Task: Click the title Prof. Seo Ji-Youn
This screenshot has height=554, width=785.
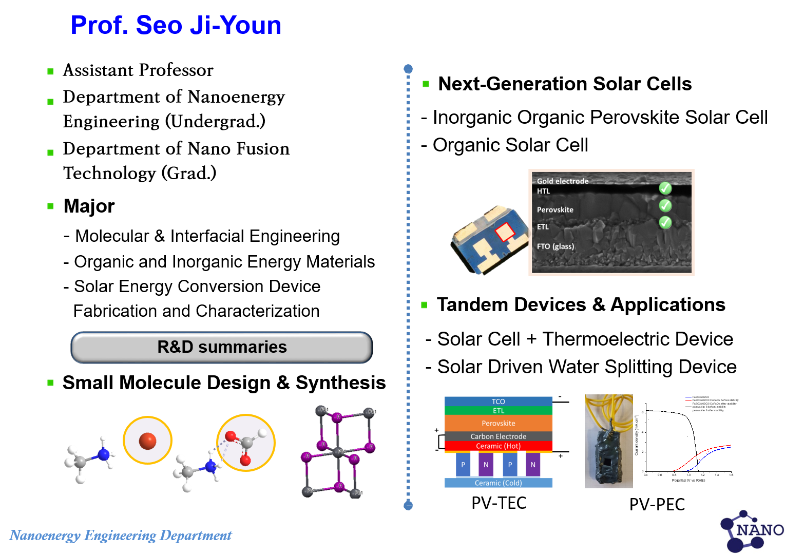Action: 176,26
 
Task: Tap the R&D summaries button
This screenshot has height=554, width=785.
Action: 221,348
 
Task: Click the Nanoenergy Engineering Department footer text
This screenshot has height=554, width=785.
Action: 121,536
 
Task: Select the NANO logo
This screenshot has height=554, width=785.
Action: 752,531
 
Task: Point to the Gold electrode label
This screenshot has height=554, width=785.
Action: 563,181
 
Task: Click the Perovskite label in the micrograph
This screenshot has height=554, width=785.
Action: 555,209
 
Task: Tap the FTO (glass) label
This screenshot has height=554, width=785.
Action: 556,246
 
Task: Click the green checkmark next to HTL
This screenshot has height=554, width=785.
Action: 665,188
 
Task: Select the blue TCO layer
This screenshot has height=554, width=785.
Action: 498,402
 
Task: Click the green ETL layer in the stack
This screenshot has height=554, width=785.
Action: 498,411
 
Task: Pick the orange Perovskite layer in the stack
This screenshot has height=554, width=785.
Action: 498,423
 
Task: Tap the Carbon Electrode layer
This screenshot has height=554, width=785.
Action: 498,436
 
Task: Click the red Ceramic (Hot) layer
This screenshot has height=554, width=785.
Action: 498,446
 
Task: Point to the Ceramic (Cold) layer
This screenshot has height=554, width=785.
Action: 498,483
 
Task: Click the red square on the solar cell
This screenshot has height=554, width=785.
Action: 505,232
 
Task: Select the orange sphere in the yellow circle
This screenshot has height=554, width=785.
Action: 147,441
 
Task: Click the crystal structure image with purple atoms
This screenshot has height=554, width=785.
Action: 338,451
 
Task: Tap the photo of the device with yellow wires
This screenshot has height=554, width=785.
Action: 608,441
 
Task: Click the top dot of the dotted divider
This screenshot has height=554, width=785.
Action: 408,69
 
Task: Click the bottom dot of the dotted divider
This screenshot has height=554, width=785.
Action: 408,506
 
